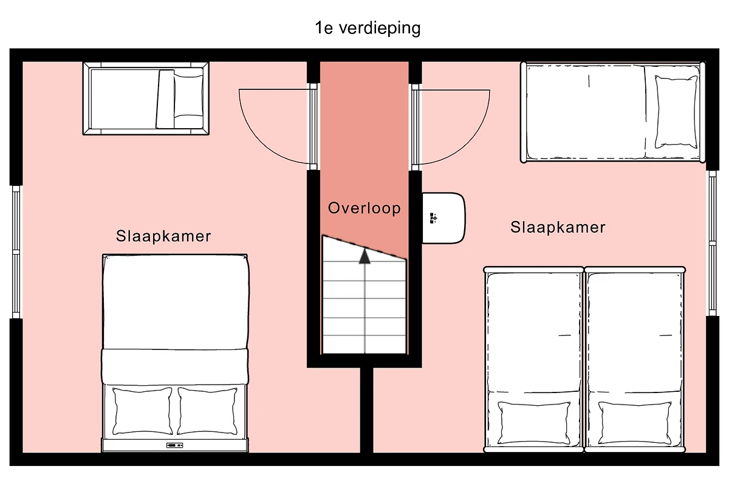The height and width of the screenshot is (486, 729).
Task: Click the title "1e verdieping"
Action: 368,29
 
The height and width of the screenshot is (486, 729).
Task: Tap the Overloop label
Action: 364,208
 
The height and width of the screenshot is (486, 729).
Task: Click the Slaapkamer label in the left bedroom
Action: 163,236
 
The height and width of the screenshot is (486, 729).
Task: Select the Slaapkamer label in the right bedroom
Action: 558,227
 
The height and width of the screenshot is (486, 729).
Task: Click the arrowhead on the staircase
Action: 364,256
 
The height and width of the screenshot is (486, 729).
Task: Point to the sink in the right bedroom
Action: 443,218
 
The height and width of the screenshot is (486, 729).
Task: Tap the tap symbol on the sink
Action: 433,218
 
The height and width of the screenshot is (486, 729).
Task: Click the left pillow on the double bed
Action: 142,411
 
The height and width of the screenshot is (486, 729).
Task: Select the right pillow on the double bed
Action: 207,411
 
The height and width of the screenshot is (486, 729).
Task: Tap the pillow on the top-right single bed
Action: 676,112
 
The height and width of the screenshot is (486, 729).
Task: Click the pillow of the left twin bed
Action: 534,423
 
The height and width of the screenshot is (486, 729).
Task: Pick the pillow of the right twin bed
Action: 635,423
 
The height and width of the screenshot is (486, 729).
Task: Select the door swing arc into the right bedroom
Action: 473,139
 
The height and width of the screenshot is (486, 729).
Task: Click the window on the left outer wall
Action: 16,252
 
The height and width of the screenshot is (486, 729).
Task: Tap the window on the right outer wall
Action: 713,243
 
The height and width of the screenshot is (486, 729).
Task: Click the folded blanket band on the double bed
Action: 175,366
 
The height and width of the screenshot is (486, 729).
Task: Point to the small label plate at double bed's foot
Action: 175,445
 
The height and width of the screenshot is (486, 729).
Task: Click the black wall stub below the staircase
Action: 366,410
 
